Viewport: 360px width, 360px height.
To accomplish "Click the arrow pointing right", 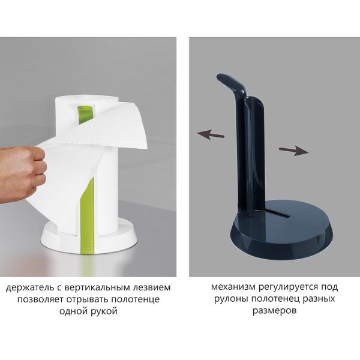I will (x=296, y=151).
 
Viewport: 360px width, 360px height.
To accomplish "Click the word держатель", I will (x=29, y=287).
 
